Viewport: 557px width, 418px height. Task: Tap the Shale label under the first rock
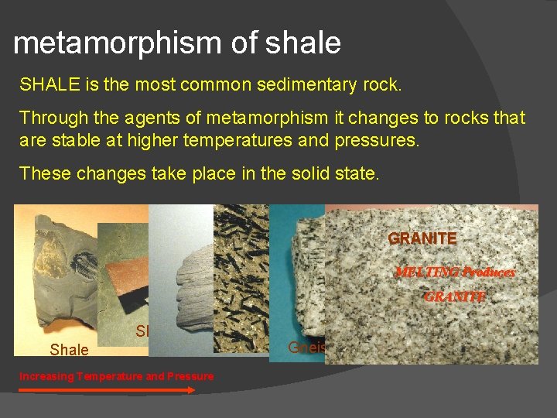point(69,350)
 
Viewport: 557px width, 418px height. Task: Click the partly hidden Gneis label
point(306,347)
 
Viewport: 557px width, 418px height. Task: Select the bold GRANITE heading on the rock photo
point(422,238)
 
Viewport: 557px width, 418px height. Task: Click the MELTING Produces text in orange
point(455,272)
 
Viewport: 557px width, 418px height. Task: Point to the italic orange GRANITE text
point(454,296)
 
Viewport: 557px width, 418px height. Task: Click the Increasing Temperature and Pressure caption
point(116,376)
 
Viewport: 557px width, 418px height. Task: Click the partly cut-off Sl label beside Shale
point(142,331)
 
